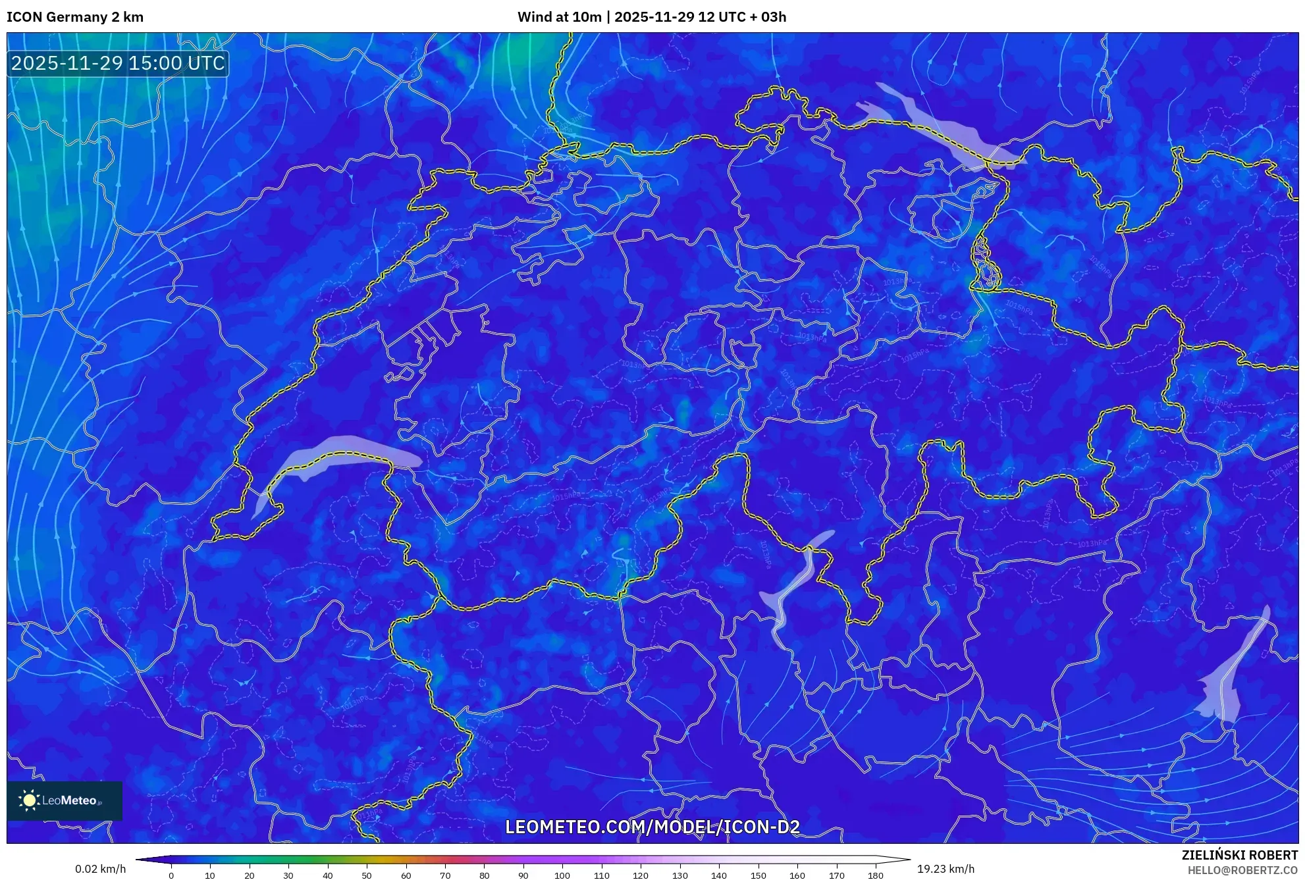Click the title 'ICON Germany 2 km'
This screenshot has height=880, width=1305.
75,17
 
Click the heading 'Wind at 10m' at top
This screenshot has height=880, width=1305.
559,17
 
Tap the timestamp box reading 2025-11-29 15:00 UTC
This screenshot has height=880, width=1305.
118,63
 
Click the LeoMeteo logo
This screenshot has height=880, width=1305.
65,800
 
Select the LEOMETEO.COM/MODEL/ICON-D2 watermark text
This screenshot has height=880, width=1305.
652,827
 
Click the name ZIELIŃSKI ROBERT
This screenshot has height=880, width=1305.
1239,855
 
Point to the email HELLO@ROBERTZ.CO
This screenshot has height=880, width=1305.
1242,870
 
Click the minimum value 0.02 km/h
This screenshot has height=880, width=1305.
100,869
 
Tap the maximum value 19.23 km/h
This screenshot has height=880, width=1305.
945,869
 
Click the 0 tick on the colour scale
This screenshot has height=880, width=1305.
171,875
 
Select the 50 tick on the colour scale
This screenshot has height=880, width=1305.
367,875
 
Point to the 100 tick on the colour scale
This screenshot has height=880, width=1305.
562,875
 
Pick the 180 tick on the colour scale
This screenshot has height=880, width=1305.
875,875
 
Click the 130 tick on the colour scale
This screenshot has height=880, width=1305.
679,875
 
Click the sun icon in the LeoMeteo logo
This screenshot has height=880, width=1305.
29,800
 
